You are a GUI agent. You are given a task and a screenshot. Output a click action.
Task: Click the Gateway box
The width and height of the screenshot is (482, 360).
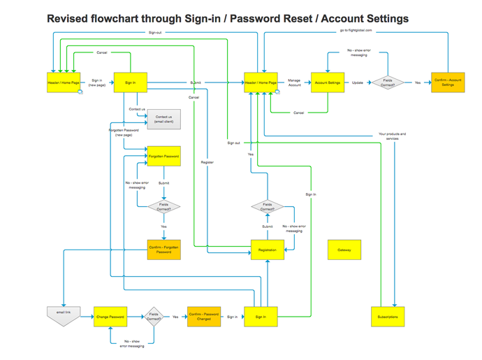pyautogui.click(x=344, y=250)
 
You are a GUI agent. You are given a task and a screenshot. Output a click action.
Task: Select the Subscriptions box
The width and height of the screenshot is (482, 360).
pyautogui.click(x=388, y=317)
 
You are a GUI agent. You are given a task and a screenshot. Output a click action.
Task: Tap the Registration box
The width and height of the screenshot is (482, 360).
pyautogui.click(x=267, y=250)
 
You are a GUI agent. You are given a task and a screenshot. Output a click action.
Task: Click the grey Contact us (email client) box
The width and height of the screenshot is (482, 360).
pyautogui.click(x=163, y=120)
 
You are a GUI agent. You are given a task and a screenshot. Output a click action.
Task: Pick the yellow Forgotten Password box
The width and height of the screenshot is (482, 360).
pyautogui.click(x=163, y=156)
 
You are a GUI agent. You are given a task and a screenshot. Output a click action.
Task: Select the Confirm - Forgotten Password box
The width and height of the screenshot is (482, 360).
pyautogui.click(x=163, y=250)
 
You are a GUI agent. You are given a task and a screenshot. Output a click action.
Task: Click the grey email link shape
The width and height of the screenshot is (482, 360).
pyautogui.click(x=63, y=315)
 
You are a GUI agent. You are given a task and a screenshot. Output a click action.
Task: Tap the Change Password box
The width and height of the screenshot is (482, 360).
pyautogui.click(x=110, y=317)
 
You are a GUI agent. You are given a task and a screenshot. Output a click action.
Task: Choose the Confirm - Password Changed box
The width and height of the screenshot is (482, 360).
pyautogui.click(x=204, y=317)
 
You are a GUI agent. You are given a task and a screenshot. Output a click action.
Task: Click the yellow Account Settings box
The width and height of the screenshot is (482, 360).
pyautogui.click(x=328, y=82)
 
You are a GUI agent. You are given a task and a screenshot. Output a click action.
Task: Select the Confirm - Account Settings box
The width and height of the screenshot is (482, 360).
pyautogui.click(x=448, y=82)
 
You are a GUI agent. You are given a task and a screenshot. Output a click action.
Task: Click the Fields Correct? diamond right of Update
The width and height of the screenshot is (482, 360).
pyautogui.click(x=388, y=82)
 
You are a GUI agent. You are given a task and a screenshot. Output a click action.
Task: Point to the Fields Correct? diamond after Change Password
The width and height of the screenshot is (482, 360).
pyautogui.click(x=154, y=317)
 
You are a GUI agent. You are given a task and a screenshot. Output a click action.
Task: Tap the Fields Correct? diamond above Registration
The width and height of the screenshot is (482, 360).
pyautogui.click(x=268, y=207)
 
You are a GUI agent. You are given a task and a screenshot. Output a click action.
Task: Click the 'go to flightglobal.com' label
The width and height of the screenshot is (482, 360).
pyautogui.click(x=356, y=31)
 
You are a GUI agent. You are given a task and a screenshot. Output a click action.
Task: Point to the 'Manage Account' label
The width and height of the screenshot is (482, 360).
pyautogui.click(x=295, y=82)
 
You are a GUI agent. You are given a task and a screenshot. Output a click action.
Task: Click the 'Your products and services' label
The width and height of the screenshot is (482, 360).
pyautogui.click(x=392, y=136)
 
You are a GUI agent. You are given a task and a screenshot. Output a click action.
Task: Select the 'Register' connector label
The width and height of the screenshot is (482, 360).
pyautogui.click(x=207, y=162)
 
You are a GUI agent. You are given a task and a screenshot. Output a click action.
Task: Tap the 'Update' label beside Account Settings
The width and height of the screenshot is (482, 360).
pyautogui.click(x=358, y=82)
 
